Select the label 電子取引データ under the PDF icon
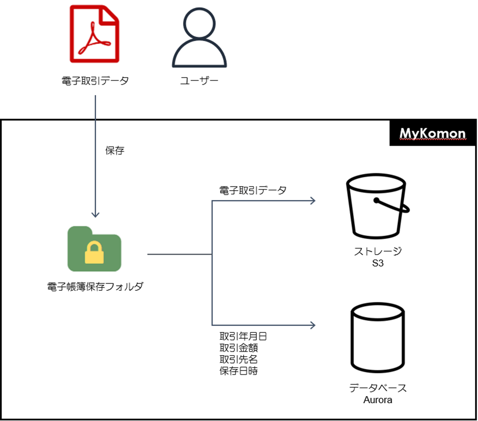click(x=94, y=80)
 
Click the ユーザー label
click(x=199, y=80)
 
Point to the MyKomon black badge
click(x=432, y=134)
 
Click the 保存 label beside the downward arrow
click(x=115, y=151)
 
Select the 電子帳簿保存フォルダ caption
click(x=95, y=287)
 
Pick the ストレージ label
click(x=378, y=251)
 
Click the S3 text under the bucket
click(x=378, y=263)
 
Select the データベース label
click(x=378, y=388)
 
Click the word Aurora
click(x=378, y=400)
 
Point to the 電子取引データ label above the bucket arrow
click(x=253, y=190)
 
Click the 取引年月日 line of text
click(x=243, y=336)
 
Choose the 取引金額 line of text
click(x=239, y=348)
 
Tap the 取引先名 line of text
click(x=239, y=359)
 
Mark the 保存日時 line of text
click(x=239, y=370)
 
